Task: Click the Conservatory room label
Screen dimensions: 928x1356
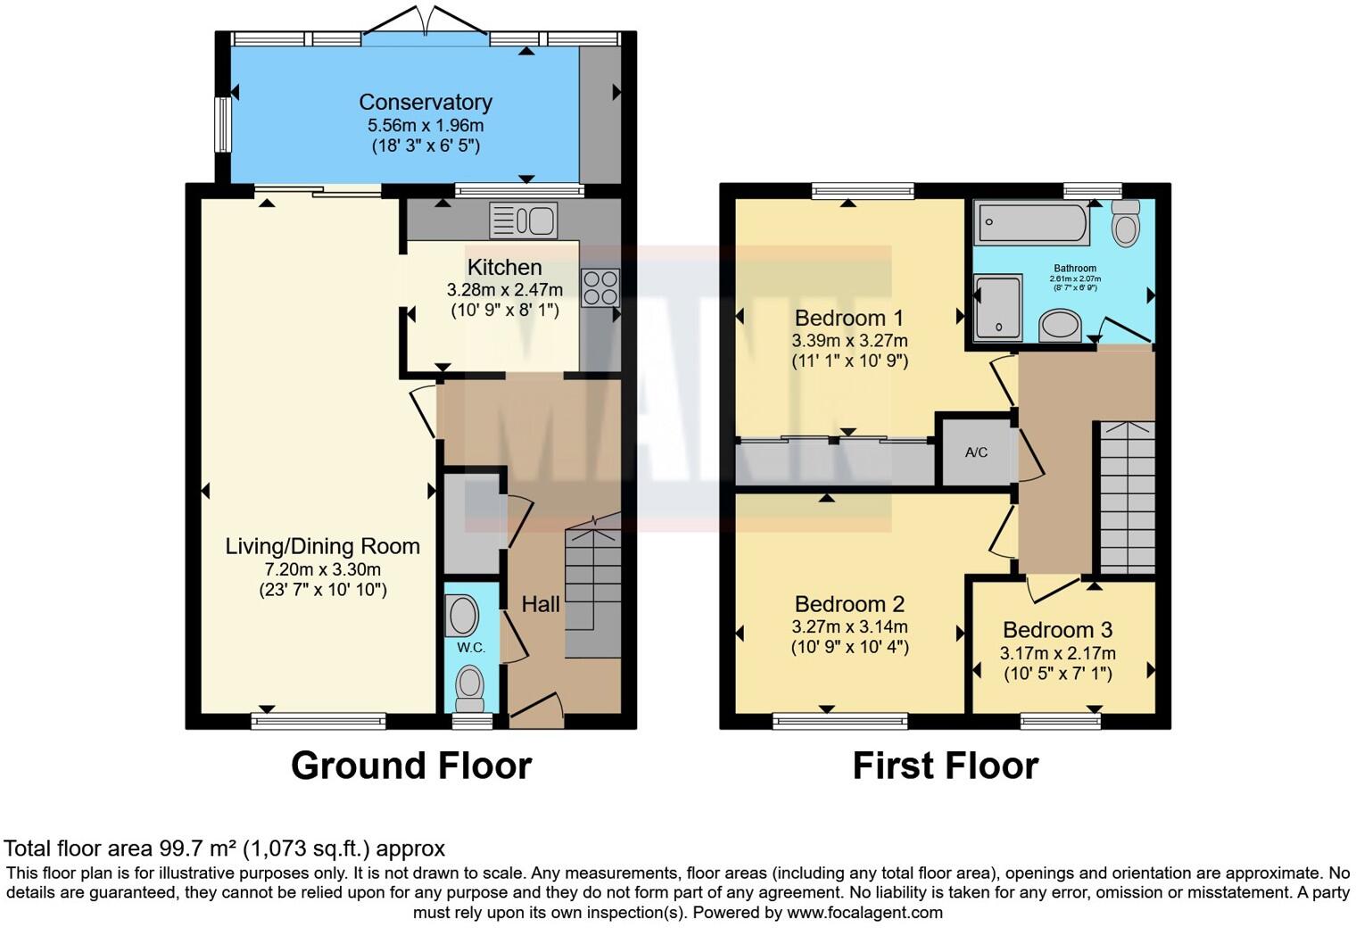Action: point(426,103)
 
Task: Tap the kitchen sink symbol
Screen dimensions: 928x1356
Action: point(524,220)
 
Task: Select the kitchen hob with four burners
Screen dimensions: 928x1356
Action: point(599,287)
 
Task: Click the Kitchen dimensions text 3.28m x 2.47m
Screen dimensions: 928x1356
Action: point(504,290)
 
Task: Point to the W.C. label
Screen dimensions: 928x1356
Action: point(471,647)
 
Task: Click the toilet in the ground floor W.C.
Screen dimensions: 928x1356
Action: point(468,687)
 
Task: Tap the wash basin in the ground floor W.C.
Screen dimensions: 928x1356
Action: point(462,616)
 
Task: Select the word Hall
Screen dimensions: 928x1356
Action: point(541,604)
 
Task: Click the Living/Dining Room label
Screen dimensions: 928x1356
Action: point(322,546)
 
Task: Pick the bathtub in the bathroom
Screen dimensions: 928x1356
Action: point(1032,222)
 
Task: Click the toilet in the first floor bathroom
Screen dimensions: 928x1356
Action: point(1127,222)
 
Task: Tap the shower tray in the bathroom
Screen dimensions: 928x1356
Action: point(998,308)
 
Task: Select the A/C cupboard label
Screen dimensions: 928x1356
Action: point(976,452)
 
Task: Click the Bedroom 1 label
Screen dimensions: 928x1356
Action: point(848,318)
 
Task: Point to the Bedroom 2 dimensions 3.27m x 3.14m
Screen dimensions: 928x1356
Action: point(849,626)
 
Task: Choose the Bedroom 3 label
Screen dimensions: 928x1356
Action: point(1057,630)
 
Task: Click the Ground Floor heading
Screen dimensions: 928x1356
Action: point(411,766)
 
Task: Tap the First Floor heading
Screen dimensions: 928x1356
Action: point(946,766)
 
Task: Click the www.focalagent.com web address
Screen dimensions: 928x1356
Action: point(864,913)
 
